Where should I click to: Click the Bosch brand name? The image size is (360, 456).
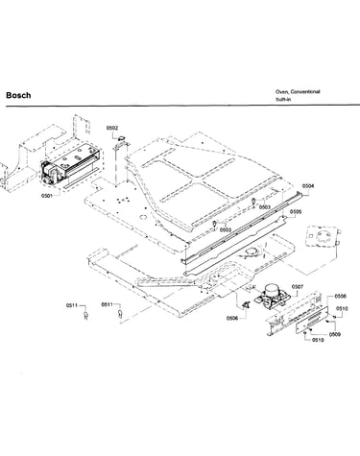[18, 95]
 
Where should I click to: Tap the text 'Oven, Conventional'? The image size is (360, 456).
[298, 92]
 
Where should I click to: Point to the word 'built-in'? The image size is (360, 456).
[283, 99]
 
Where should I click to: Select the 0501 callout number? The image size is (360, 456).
[47, 196]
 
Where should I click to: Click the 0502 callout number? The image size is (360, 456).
[112, 128]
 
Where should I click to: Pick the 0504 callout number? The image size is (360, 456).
[308, 186]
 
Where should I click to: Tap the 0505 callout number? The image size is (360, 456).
[296, 212]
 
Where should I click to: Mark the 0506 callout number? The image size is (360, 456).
[232, 318]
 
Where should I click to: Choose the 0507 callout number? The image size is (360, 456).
[298, 287]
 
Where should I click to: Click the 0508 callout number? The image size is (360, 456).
[340, 297]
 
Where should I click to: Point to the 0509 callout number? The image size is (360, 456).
[335, 334]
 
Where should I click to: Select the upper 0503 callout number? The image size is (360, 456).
[265, 207]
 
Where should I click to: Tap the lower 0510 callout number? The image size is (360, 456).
[318, 340]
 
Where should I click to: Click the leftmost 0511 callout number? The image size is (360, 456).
[72, 305]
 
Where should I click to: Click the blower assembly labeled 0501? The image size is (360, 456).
[70, 166]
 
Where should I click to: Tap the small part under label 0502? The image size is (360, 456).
[121, 138]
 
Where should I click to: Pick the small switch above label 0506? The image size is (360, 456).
[247, 305]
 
